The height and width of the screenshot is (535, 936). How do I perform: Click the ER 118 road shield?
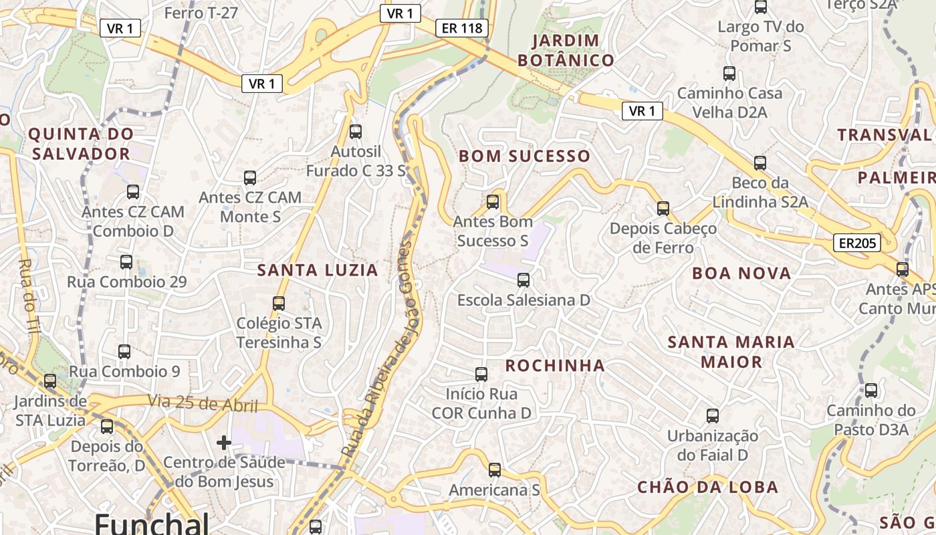click(x=461, y=28)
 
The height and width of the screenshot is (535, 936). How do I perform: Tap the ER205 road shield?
click(x=856, y=243)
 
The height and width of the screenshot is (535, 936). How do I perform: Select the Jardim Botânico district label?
click(x=566, y=50)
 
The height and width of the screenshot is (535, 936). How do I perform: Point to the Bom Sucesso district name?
click(x=524, y=156)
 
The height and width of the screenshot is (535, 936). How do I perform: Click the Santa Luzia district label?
click(x=318, y=270)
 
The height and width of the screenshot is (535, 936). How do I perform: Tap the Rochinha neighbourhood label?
click(x=555, y=365)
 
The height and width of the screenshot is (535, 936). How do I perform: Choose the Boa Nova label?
click(x=741, y=273)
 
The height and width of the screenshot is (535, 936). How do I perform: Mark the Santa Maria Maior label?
click(x=731, y=352)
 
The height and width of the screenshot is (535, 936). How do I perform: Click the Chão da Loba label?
click(x=707, y=487)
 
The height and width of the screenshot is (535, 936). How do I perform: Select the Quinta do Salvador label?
click(x=80, y=144)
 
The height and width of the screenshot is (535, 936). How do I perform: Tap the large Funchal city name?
click(x=152, y=524)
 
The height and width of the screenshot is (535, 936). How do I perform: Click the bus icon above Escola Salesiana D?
click(x=523, y=280)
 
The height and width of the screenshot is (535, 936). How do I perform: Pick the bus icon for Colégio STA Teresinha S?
click(x=279, y=304)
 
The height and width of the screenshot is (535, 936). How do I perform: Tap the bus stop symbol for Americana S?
click(x=494, y=470)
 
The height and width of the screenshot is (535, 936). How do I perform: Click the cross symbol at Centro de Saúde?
click(x=224, y=442)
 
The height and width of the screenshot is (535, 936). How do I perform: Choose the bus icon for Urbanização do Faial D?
click(x=713, y=416)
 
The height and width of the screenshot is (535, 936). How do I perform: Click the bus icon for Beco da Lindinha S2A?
click(x=759, y=163)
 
